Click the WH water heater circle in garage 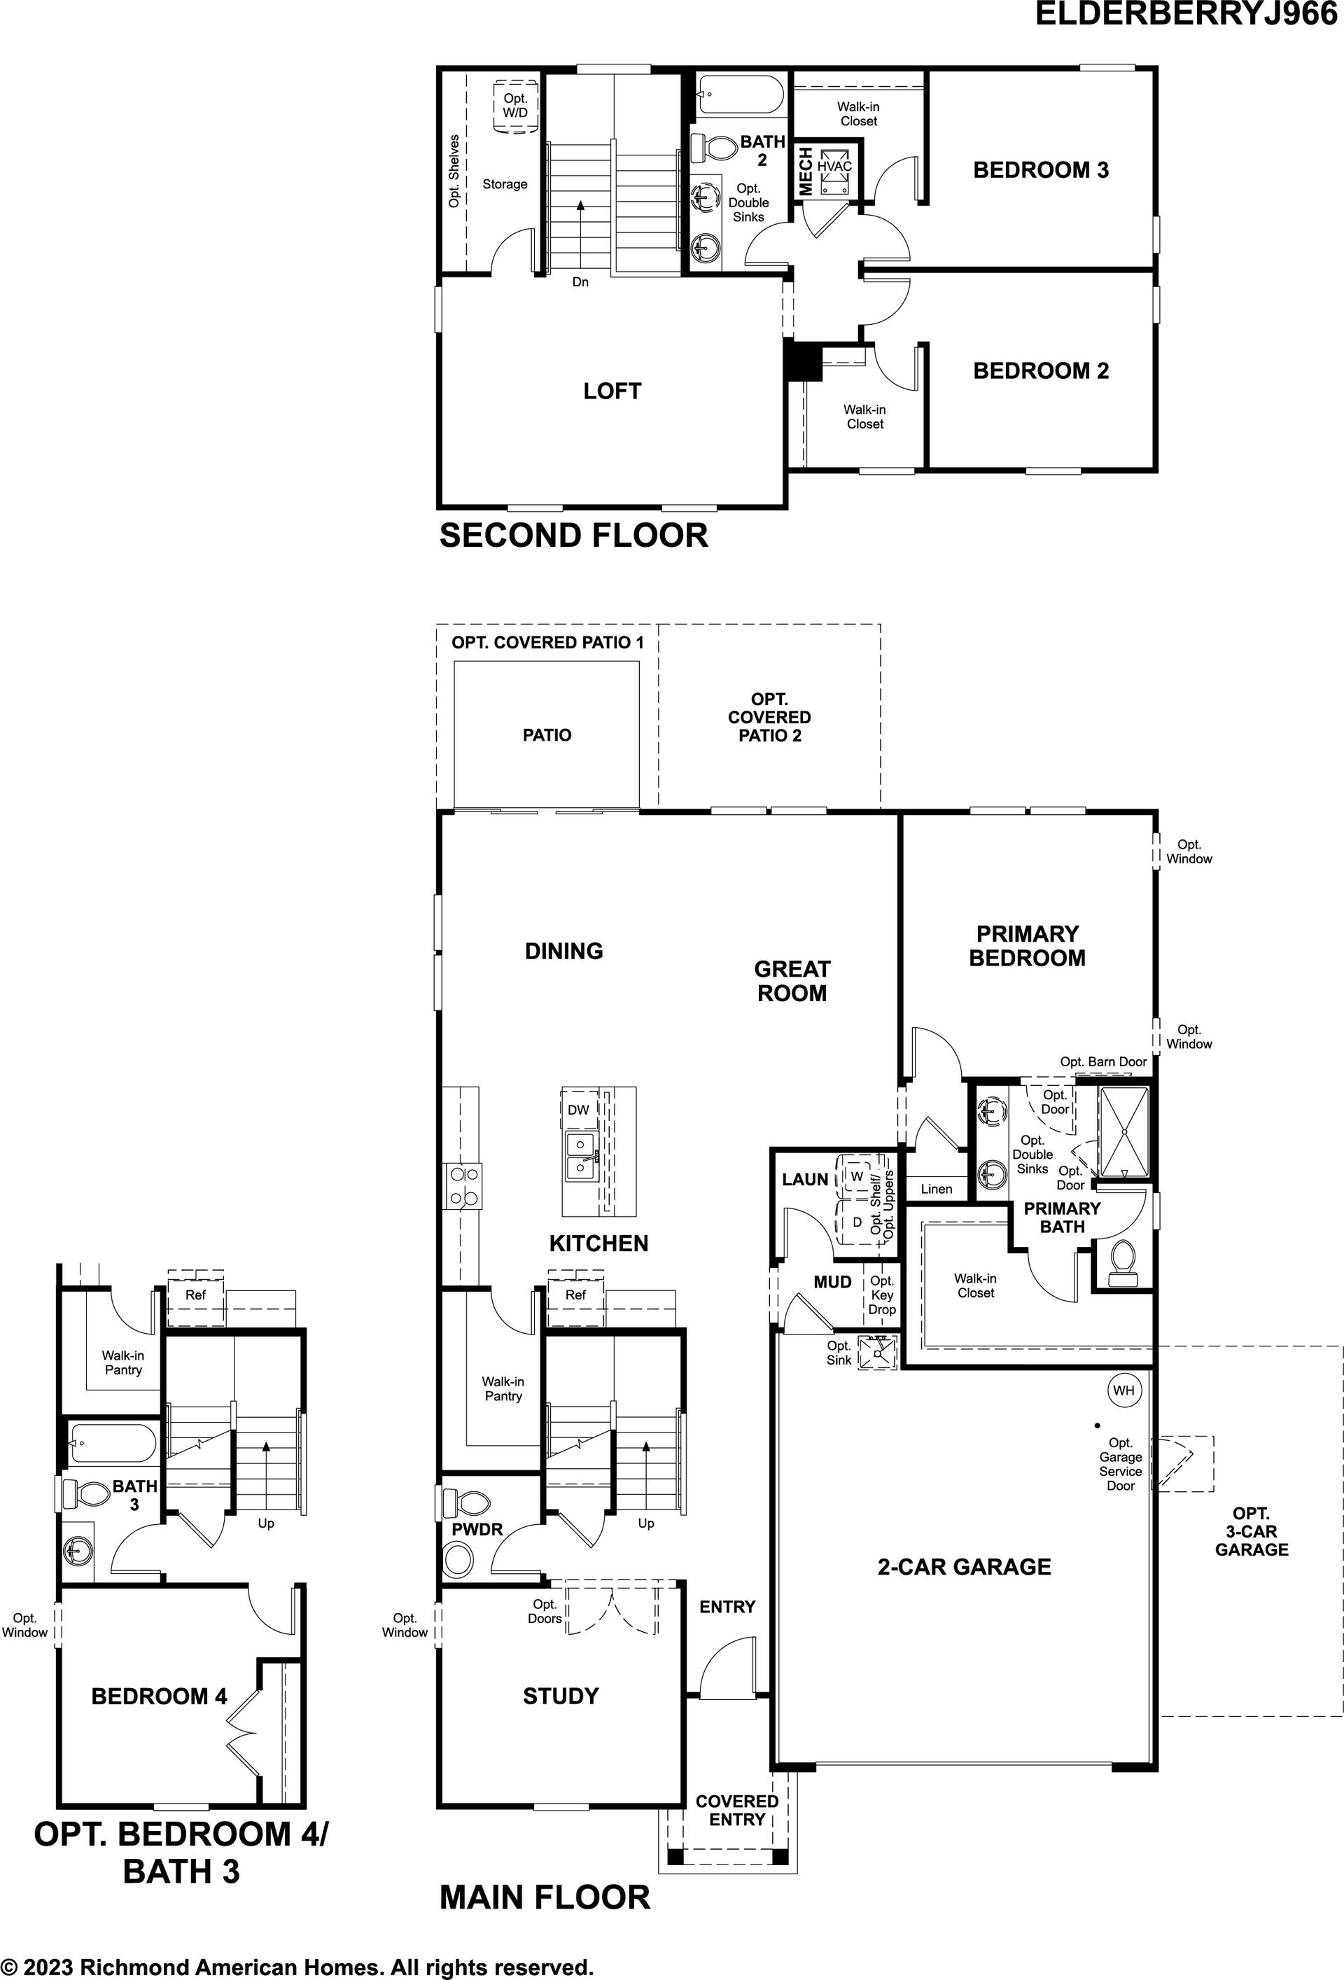coord(1123,1390)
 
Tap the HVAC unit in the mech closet coord(834,173)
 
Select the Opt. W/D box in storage coord(515,106)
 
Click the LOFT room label coord(612,391)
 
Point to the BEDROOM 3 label coord(1041,170)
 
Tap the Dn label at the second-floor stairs coord(580,282)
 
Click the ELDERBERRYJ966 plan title coord(1186,15)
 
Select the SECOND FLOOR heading coord(573,536)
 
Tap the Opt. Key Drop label coord(881,1295)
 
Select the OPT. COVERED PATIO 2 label coord(769,718)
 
